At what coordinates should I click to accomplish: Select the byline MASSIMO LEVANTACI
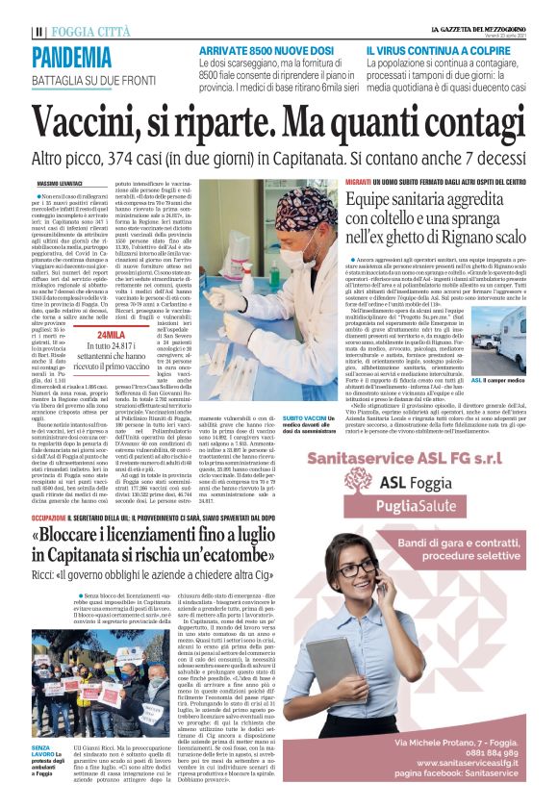(57, 183)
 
